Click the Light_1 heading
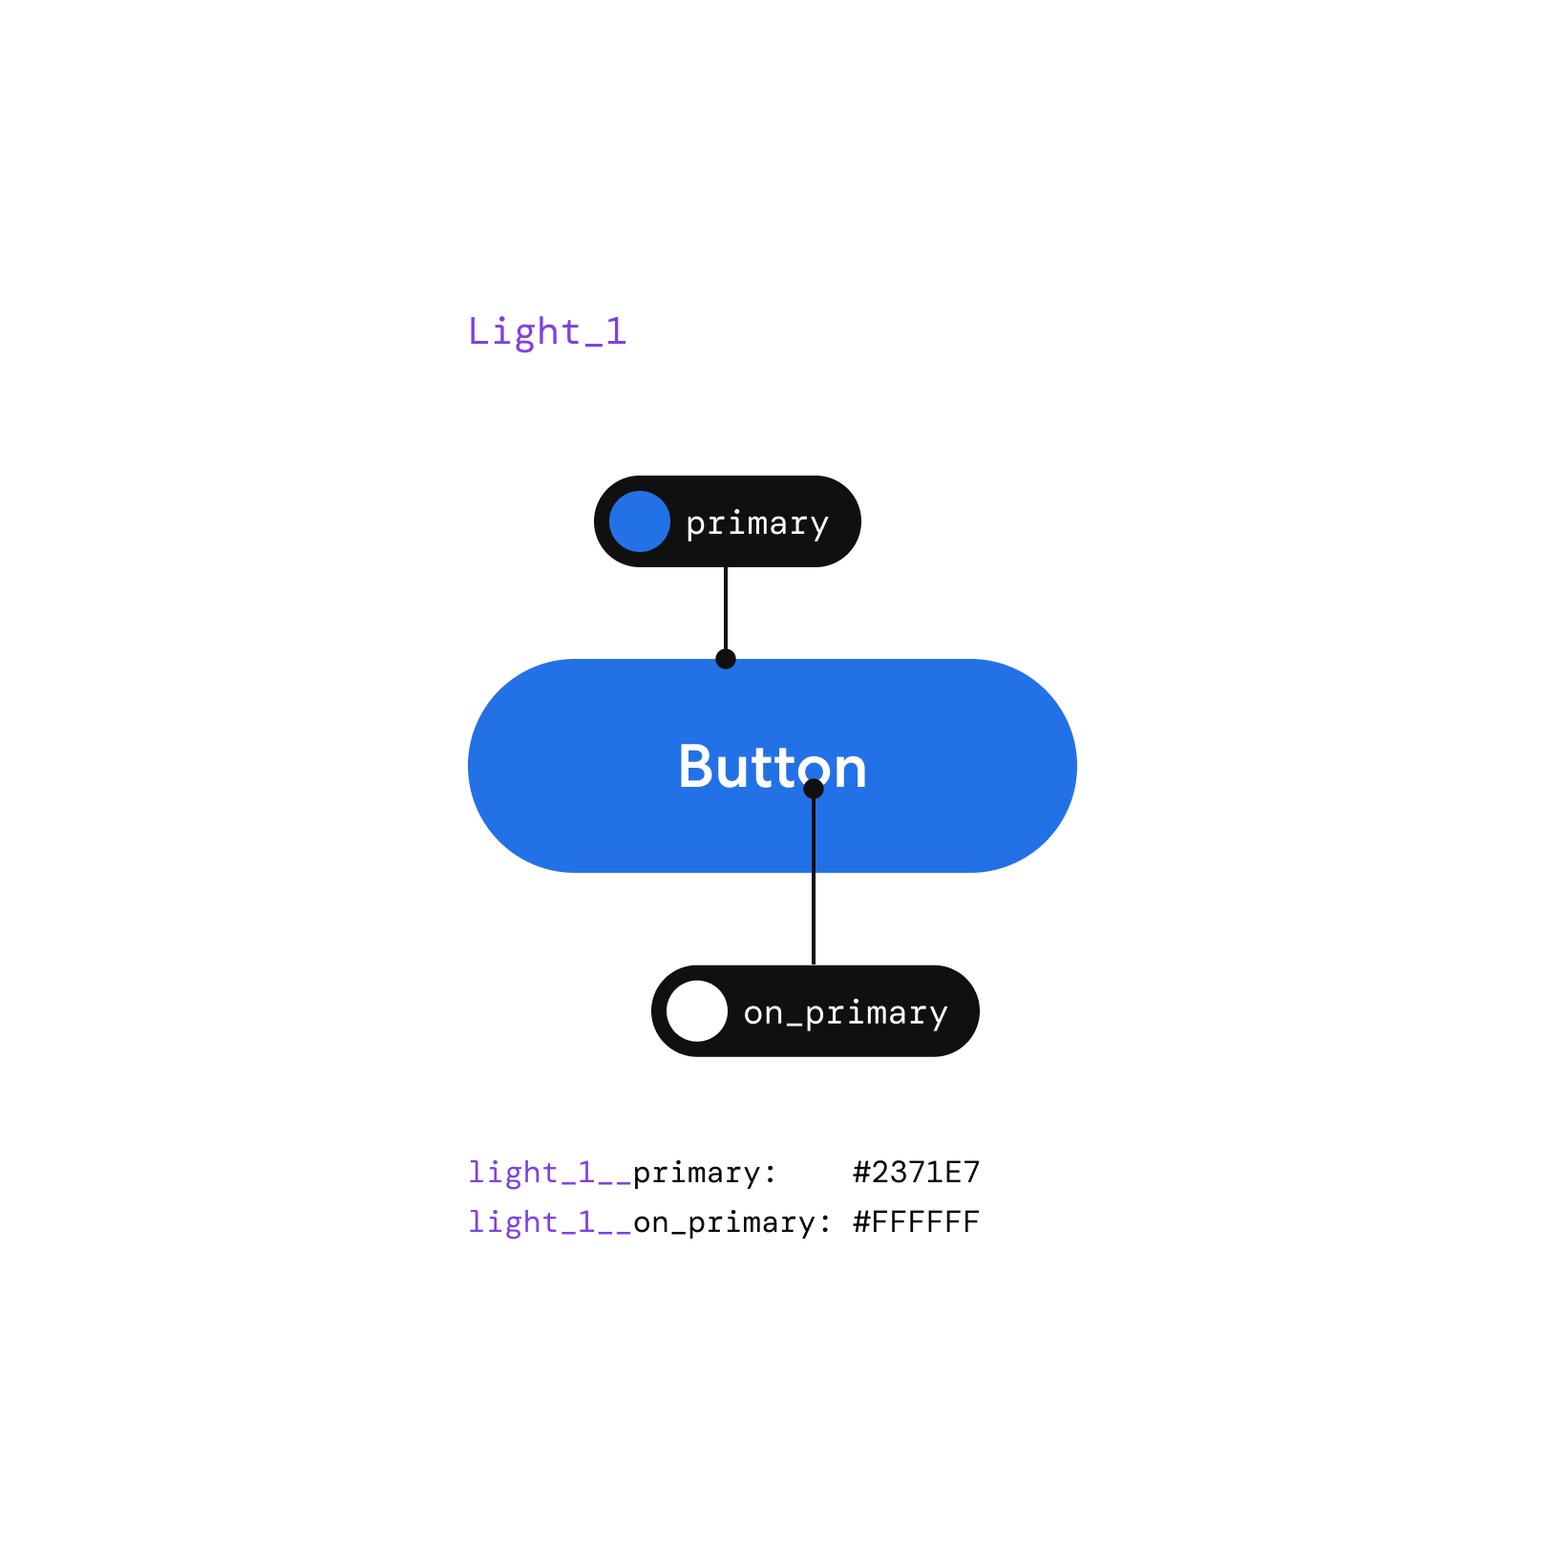click(546, 331)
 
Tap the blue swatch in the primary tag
click(639, 521)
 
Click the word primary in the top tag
click(756, 523)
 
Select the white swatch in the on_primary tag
click(696, 1011)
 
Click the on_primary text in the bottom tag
click(845, 1012)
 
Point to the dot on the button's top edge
click(726, 659)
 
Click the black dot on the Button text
click(814, 789)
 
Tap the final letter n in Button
click(849, 770)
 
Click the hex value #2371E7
click(916, 1172)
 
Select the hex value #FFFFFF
click(916, 1221)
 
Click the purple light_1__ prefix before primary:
click(549, 1173)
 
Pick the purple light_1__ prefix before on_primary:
click(549, 1222)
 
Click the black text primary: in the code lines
click(705, 1173)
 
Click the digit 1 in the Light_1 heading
click(616, 331)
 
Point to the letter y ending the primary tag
click(819, 526)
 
